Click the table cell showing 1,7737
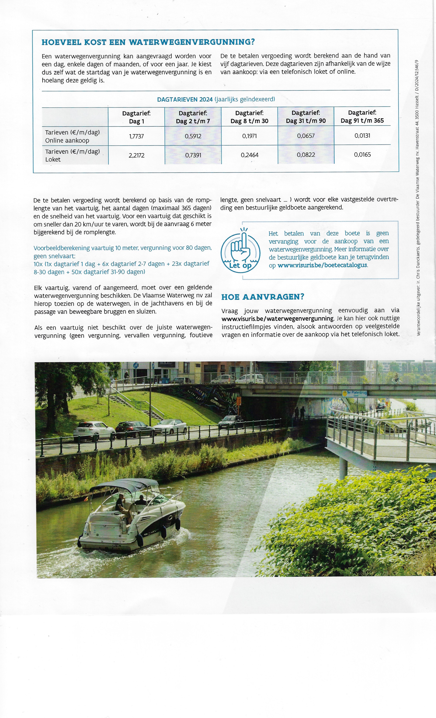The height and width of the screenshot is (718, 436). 136,136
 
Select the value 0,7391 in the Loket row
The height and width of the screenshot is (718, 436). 193,155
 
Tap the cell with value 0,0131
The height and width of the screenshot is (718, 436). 362,135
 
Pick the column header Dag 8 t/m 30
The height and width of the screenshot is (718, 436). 249,117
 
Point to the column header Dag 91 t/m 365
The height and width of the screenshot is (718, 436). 362,117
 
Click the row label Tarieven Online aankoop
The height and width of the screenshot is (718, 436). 72,136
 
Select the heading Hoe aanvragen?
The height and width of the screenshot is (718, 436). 263,297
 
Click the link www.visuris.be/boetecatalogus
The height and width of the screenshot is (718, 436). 322,265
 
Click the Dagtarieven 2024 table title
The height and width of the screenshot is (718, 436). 216,99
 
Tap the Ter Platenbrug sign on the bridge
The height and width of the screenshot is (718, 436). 354,393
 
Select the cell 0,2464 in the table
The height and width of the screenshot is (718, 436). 249,155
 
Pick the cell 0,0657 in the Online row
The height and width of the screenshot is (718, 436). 306,136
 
